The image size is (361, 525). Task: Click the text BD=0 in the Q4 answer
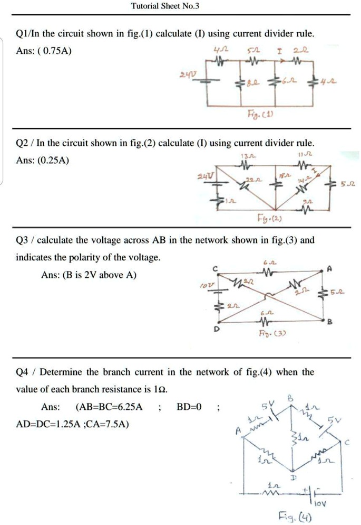(x=189, y=407)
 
